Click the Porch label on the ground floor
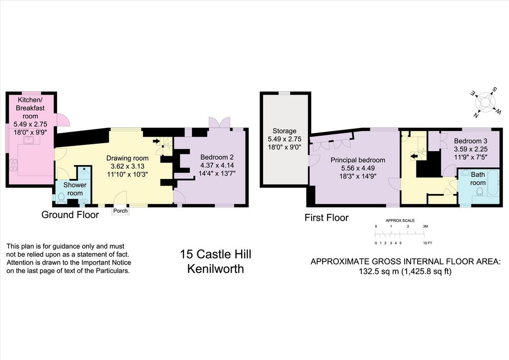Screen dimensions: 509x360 (x=120, y=211)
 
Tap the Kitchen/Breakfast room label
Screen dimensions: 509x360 (x=30, y=108)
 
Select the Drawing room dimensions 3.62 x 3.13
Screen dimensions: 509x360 (x=128, y=166)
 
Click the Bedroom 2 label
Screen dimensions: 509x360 (x=217, y=157)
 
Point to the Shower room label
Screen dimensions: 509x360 (x=75, y=189)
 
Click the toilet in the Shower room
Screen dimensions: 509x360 (x=61, y=198)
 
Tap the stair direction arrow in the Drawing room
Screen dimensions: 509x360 (x=157, y=141)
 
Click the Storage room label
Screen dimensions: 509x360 (x=284, y=131)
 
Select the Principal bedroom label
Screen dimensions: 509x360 (x=358, y=160)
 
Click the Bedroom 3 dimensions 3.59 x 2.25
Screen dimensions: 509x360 (x=471, y=149)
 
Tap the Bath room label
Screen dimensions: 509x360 (x=478, y=179)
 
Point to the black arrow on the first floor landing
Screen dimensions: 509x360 (x=414, y=157)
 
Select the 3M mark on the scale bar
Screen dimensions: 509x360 (x=425, y=226)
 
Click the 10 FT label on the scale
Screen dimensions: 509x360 (x=427, y=243)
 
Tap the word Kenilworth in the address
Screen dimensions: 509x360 (x=216, y=269)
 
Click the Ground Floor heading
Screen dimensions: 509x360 (x=70, y=215)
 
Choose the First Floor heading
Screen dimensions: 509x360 (x=327, y=217)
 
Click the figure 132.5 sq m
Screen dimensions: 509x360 (x=378, y=271)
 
